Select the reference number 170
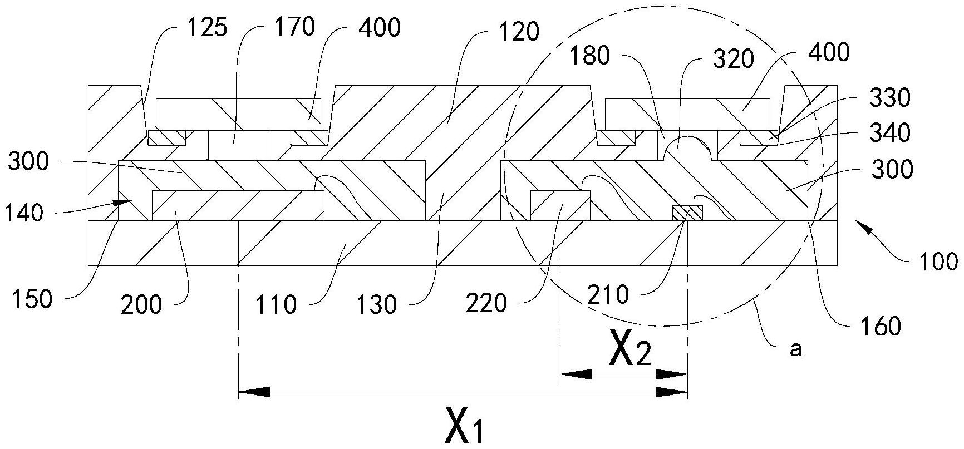pyautogui.click(x=294, y=26)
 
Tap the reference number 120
pyautogui.click(x=519, y=32)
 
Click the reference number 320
pyautogui.click(x=732, y=58)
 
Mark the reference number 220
pyautogui.click(x=488, y=303)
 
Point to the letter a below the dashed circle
pyautogui.click(x=796, y=349)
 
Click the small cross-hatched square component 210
pyautogui.click(x=688, y=213)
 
